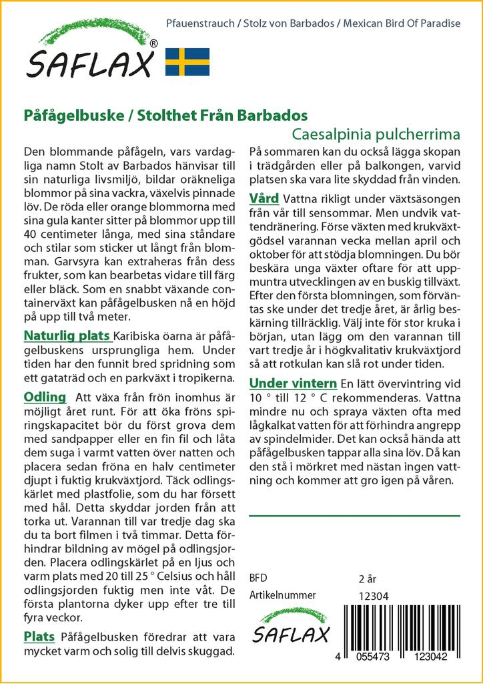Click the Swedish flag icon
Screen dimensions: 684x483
pos(187,61)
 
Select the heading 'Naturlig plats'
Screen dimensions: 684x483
pos(67,335)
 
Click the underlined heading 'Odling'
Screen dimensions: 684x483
pos(45,397)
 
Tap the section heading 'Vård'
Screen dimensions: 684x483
pos(264,199)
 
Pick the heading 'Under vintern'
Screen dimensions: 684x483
pos(292,383)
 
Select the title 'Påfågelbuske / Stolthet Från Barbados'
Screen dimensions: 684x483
pos(165,114)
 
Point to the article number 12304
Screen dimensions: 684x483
pos(374,596)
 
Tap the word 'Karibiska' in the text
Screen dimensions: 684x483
pos(137,336)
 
